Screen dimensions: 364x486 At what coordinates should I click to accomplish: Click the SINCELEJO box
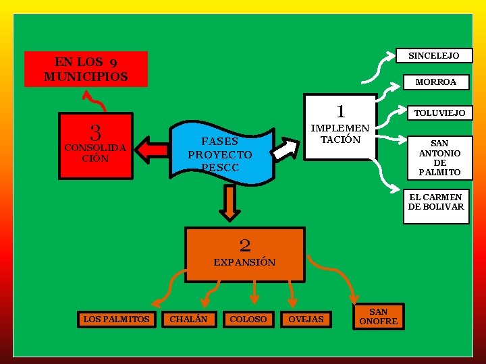point(433,55)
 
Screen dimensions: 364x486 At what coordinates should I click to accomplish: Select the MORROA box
point(435,82)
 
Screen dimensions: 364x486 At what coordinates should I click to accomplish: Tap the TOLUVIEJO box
point(439,113)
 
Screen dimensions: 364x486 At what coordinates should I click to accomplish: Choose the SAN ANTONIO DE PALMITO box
point(439,158)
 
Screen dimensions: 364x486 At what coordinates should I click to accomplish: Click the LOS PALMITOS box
point(116,319)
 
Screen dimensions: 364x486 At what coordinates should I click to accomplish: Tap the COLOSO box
point(248,319)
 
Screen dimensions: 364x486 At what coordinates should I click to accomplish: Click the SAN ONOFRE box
point(378,316)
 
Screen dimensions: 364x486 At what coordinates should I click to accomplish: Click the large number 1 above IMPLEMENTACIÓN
point(341,110)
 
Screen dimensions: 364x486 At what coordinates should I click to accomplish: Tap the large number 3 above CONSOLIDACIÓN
point(96,131)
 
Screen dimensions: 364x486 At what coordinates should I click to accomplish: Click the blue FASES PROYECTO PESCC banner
point(220,154)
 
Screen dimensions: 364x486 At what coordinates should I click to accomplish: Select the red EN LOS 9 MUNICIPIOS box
point(86,69)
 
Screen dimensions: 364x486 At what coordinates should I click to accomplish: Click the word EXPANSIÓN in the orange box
point(244,262)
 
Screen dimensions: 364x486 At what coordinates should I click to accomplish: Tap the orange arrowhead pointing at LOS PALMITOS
point(157,301)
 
